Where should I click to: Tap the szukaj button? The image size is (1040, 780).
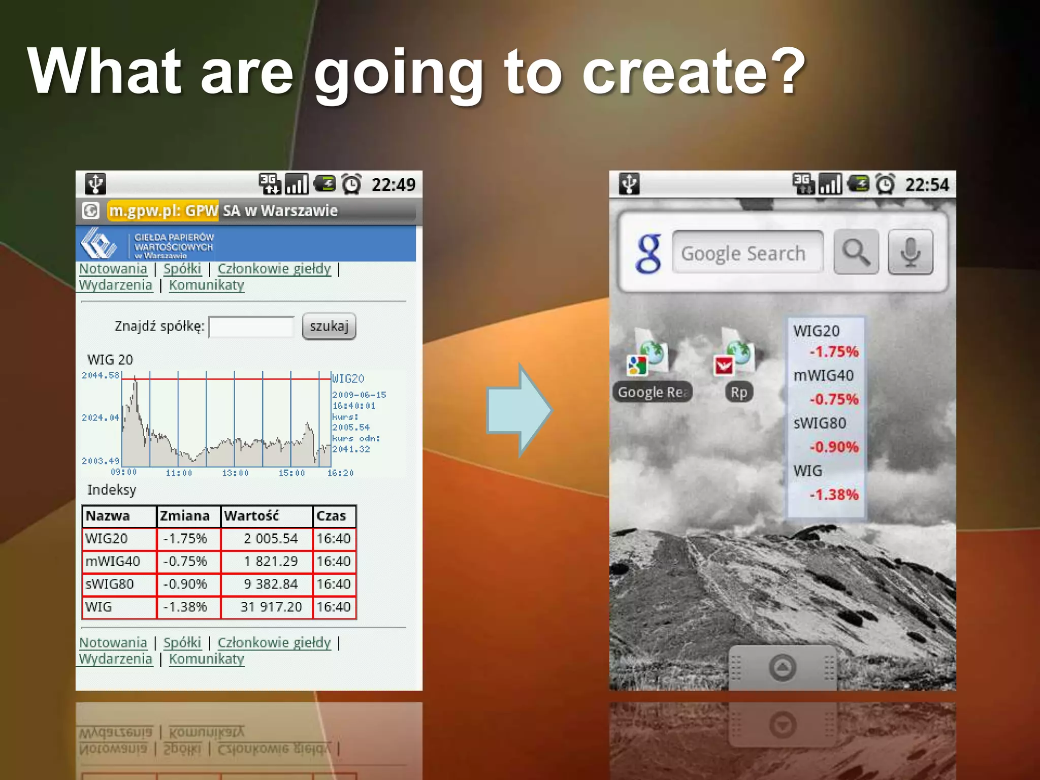(329, 326)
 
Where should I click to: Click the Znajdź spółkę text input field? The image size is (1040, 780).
(251, 327)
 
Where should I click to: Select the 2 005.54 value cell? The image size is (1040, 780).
(271, 539)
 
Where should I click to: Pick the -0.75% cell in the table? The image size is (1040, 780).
(185, 562)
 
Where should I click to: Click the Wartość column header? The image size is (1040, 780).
(252, 516)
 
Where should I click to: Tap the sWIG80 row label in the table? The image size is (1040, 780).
(110, 584)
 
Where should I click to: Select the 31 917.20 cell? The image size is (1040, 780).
(271, 607)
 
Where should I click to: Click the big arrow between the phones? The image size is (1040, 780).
(518, 410)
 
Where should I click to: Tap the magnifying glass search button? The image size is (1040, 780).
(856, 252)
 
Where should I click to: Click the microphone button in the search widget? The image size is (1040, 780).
(910, 252)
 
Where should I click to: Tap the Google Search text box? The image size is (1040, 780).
(746, 252)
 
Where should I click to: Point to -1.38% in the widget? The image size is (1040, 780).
(834, 495)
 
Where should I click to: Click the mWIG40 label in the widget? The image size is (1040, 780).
(823, 376)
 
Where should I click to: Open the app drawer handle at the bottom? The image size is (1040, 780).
(782, 667)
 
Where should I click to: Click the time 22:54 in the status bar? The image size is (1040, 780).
(927, 185)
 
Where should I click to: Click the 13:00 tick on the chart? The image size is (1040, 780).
(235, 473)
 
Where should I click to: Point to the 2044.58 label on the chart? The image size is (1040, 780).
(100, 375)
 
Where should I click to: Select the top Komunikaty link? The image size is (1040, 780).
(206, 285)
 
